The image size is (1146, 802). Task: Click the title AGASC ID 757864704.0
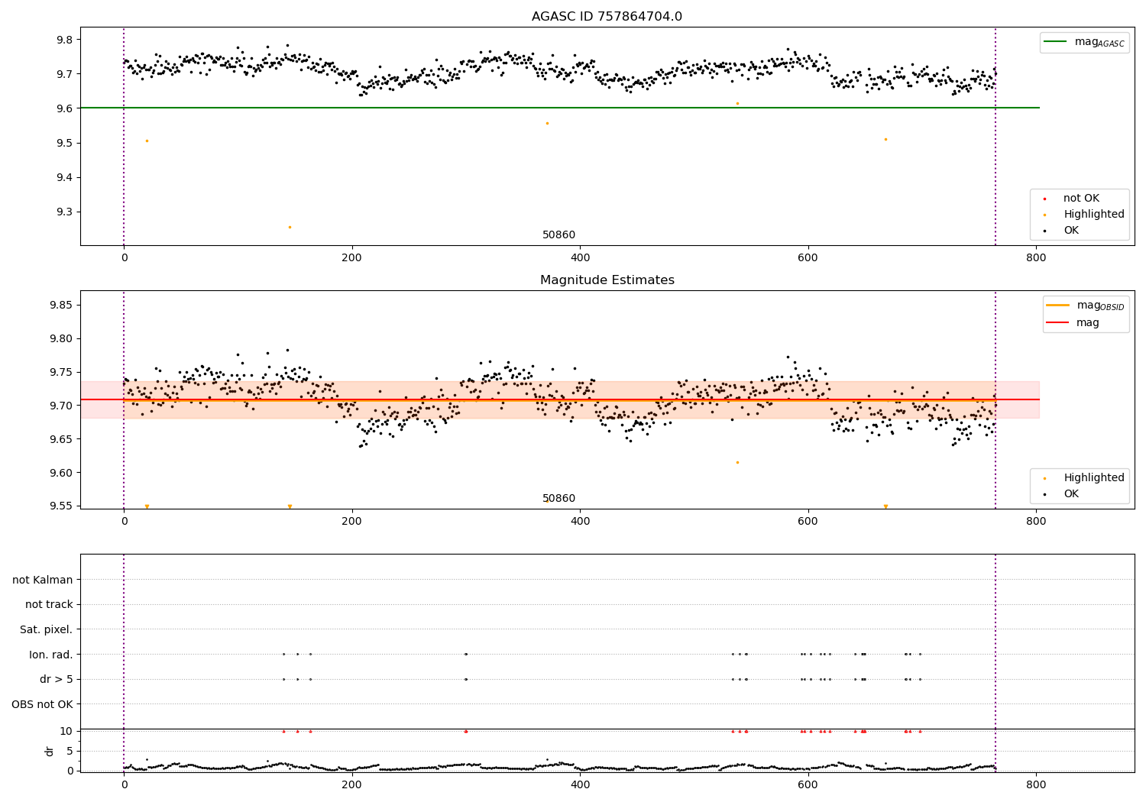607,17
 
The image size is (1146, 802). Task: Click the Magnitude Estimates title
607,280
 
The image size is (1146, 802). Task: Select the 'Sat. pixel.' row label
46,629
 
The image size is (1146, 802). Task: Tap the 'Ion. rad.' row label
50,655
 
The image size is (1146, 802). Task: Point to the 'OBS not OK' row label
42,704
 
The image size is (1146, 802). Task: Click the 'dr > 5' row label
56,679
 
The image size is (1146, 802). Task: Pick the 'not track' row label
49,605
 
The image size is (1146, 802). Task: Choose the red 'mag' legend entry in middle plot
1087,323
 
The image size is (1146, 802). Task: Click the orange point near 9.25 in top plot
290,227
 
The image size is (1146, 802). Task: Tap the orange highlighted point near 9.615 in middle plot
737,462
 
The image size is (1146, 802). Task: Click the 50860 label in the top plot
558,235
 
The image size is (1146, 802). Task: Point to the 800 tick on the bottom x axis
1035,784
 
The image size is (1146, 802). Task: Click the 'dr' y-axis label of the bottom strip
50,751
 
